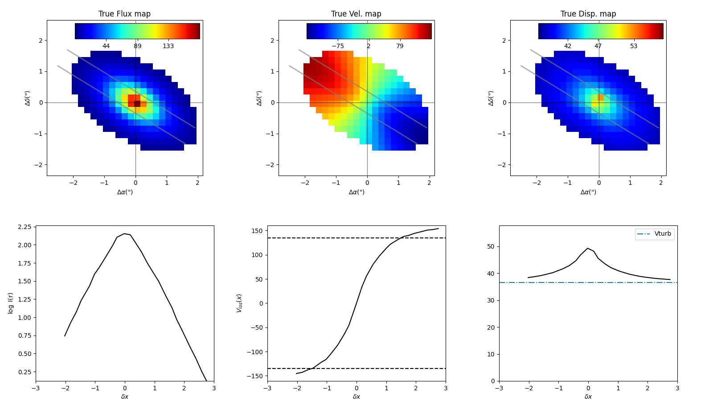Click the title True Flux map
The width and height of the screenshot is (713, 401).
coord(124,14)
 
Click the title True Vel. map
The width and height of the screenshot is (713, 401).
coord(356,14)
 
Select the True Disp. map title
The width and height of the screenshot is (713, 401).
coord(588,14)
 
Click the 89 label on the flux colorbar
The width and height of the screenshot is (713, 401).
coord(137,46)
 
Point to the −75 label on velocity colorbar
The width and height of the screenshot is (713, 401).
coord(337,46)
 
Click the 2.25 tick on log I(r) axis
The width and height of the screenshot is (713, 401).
coord(25,227)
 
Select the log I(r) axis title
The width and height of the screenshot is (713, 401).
coord(11,303)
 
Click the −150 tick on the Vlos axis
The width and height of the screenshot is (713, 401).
coord(257,376)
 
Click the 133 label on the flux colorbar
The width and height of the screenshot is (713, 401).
coord(168,46)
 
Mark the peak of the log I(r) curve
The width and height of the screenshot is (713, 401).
coord(125,233)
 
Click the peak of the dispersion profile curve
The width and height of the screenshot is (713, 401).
coord(588,248)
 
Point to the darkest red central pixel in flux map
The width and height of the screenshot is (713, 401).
coord(137,104)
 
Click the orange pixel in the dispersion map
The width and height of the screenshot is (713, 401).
coord(601,97)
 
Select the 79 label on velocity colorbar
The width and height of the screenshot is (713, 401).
coord(400,46)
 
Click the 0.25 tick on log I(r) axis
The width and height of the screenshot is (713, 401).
coord(25,372)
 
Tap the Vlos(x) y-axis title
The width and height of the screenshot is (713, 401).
coord(239,303)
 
